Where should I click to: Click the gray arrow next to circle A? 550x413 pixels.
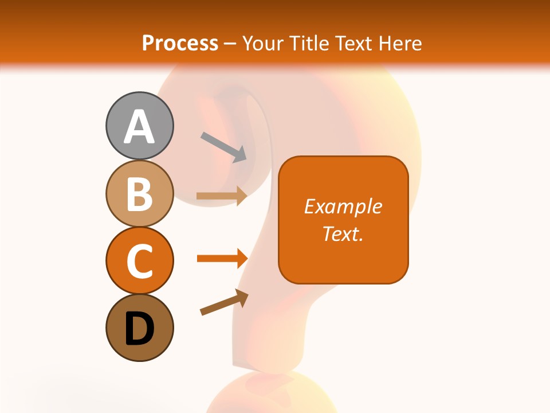tap(224, 147)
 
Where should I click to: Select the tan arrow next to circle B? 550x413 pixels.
tap(222, 196)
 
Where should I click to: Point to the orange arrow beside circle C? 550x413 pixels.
tap(222, 259)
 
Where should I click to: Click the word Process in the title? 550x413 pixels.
tap(180, 44)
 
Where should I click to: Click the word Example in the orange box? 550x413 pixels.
tap(343, 206)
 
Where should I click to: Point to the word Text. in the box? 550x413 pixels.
tap(343, 233)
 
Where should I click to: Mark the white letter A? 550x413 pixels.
tap(139, 127)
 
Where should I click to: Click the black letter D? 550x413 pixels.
tap(139, 329)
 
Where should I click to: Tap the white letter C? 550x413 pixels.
tap(139, 262)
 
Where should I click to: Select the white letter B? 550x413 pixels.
tap(139, 194)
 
